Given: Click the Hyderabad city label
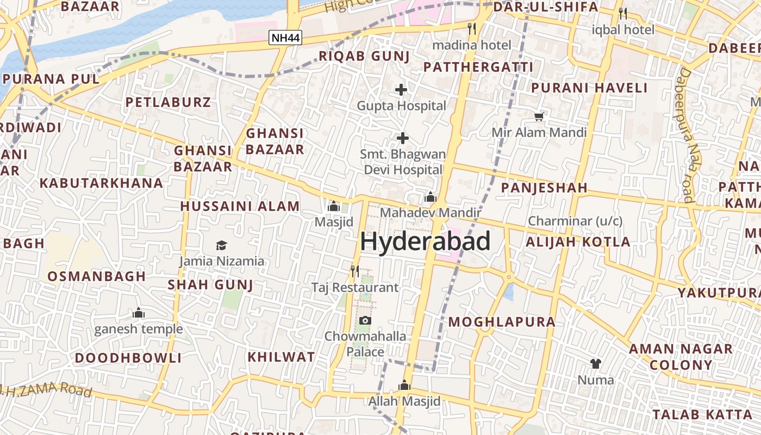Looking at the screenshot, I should coord(425,241).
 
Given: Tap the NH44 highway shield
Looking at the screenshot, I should coord(285,38).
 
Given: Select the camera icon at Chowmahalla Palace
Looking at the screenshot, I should coord(365,320).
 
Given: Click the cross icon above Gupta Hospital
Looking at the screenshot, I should coord(401,90).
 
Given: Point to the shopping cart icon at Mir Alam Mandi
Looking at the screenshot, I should coord(539,116).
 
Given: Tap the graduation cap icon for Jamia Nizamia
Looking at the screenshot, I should coord(221,245).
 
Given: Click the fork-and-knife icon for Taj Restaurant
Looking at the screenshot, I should coord(354,271).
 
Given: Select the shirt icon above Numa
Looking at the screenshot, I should coord(596,363).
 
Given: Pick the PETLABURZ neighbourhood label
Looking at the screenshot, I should coord(168,102).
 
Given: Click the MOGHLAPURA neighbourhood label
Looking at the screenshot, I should coord(502,322).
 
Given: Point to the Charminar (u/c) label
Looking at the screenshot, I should coord(575,221).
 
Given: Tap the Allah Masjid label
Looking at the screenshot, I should coord(404,402).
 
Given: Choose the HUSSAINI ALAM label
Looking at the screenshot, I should coord(240,207).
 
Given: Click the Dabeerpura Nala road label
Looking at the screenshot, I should coord(691,136).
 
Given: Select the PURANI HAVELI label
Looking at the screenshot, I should coord(589,88).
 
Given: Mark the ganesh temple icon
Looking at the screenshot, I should coord(139,313).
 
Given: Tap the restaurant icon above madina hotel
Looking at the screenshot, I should coord(472,28).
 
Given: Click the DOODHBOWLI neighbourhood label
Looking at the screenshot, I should coord(128,358).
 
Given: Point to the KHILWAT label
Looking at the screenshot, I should coord(281,357).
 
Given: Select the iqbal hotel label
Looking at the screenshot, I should coord(623,29).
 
